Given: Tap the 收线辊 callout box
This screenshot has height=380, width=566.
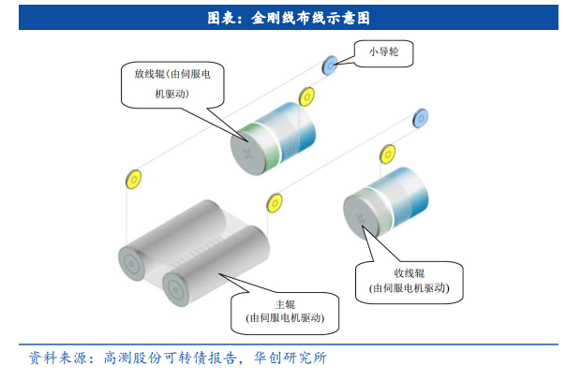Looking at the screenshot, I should [x=410, y=281].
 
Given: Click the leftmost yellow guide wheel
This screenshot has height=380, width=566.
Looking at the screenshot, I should [x=132, y=178].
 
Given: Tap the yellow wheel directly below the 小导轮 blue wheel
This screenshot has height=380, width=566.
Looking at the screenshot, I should [x=305, y=96].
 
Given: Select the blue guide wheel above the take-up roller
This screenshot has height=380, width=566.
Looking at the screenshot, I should [x=421, y=116].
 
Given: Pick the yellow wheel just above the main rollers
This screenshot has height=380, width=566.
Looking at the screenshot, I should [x=275, y=201].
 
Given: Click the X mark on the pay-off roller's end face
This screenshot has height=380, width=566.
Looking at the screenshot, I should [x=246, y=153].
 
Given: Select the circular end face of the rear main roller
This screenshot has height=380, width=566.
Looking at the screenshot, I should [x=135, y=266].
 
